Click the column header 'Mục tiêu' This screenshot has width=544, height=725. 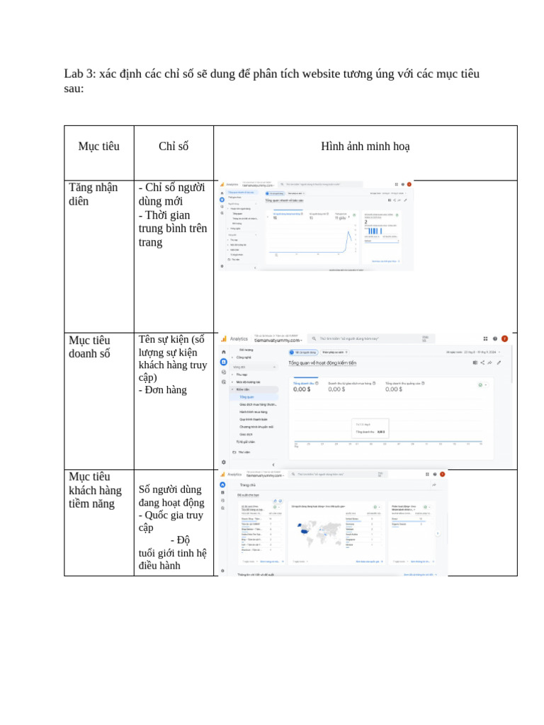click(98, 147)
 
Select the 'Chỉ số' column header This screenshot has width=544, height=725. click(174, 147)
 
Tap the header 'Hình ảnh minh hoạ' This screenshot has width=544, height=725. click(365, 147)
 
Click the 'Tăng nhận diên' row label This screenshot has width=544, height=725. click(93, 194)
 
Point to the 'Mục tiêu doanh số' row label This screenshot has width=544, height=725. click(89, 347)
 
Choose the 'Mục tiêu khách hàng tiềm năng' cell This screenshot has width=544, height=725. click(95, 490)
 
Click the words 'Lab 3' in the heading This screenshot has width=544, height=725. click(79, 74)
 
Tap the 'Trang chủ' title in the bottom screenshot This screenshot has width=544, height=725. click(247, 485)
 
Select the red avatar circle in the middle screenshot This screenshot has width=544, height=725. click(504, 338)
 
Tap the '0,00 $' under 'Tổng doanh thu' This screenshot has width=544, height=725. click(302, 389)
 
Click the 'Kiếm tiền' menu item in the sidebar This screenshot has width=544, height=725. click(243, 389)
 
